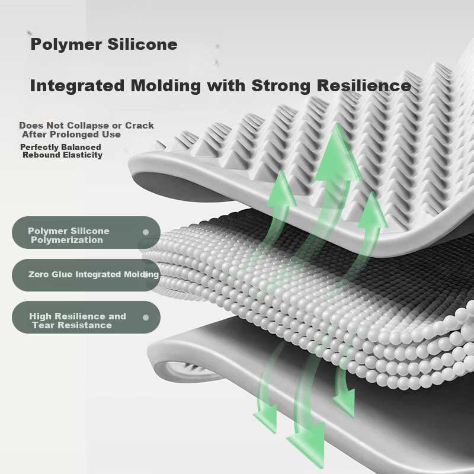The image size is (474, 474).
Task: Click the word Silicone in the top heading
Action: pyautogui.click(x=142, y=44)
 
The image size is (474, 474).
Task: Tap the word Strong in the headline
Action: pyautogui.click(x=281, y=85)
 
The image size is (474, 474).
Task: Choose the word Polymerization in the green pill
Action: pyautogui.click(x=67, y=240)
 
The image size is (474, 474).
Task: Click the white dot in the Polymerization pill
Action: pyautogui.click(x=146, y=232)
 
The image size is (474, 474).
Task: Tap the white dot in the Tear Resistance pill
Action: pyautogui.click(x=146, y=318)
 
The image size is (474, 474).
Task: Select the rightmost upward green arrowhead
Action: pyautogui.click(x=373, y=212)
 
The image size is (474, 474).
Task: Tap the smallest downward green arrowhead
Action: pyautogui.click(x=345, y=403)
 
